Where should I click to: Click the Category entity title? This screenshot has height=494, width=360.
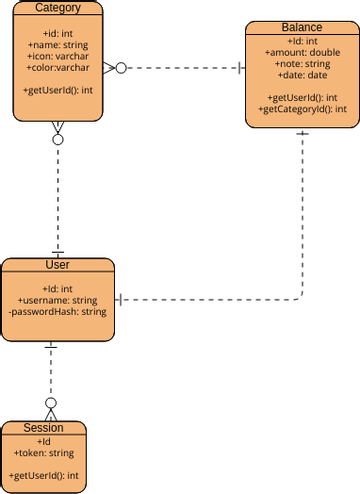point(58,8)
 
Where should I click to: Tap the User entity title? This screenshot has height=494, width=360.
point(57,265)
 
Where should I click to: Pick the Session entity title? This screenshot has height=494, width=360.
point(43,428)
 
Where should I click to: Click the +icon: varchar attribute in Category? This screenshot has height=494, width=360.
point(58,56)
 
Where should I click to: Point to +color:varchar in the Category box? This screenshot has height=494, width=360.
point(58,68)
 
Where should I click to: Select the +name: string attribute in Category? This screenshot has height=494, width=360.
point(58,44)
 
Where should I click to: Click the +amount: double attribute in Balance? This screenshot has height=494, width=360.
point(303,51)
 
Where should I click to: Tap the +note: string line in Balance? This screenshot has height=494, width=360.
point(303,63)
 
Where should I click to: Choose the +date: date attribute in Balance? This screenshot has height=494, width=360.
point(303,75)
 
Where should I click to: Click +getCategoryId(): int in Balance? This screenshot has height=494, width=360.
point(303,108)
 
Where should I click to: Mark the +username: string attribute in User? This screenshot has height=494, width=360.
point(57,300)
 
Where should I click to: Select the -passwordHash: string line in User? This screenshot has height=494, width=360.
point(57,312)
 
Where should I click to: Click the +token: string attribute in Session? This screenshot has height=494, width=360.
point(43,452)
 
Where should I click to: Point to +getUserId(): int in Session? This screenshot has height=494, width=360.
point(43,475)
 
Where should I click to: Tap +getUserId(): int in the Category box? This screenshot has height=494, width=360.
point(58,91)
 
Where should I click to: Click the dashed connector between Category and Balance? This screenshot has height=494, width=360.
point(185,68)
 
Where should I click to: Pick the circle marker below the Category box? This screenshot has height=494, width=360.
point(58,139)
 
